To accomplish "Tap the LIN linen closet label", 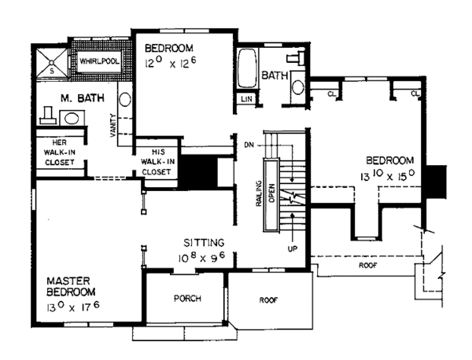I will coord(246,99).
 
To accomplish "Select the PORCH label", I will coord(187,299).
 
